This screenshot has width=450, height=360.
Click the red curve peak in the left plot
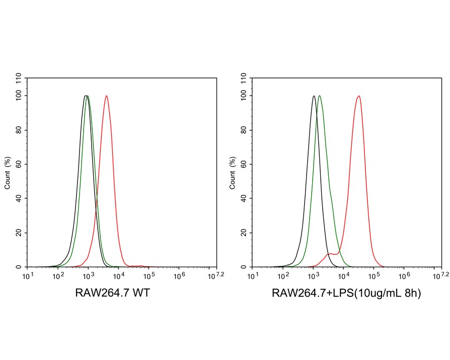pyautogui.click(x=106, y=96)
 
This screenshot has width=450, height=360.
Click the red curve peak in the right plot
pyautogui.click(x=359, y=96)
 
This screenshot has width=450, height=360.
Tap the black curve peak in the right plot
pyautogui.click(x=314, y=96)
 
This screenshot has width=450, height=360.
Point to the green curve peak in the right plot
pyautogui.click(x=319, y=96)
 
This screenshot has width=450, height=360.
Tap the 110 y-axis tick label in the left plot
pyautogui.click(x=19, y=78)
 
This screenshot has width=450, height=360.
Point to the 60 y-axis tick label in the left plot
pyautogui.click(x=19, y=165)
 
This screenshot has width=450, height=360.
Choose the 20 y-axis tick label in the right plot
pyautogui.click(x=244, y=233)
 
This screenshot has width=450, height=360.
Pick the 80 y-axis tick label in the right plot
pyautogui.click(x=244, y=130)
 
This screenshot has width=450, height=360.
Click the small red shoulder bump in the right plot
pyautogui.click(x=331, y=254)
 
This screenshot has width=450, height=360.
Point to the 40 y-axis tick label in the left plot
pyautogui.click(x=19, y=198)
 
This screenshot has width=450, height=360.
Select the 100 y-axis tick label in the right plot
pyautogui.click(x=244, y=96)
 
